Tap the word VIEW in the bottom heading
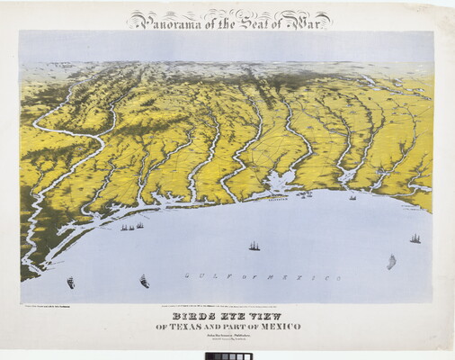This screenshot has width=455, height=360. click(268, 316)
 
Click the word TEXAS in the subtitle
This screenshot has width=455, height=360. click(193, 326)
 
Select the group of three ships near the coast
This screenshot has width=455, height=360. click(131, 226)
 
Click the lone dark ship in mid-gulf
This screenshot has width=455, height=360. click(254, 245)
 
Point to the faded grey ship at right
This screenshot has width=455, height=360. click(391, 262)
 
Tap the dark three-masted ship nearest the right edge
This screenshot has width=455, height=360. click(415, 238)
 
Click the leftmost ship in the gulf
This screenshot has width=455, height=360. click(70, 283)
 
